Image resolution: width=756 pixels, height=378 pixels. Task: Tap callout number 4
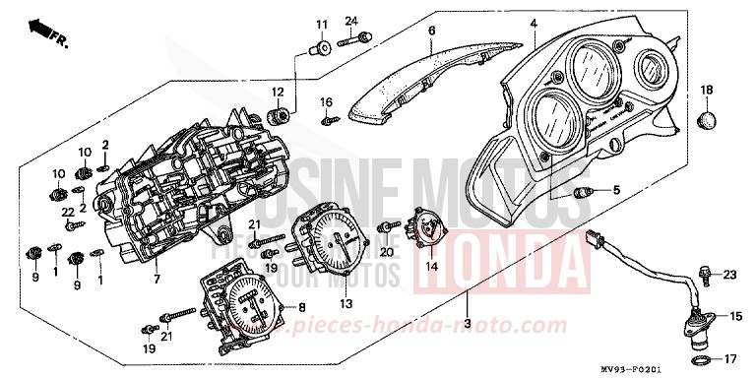tap(533, 23)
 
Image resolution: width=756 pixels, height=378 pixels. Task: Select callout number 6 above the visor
tap(430, 31)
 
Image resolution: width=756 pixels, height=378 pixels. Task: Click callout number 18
tap(706, 91)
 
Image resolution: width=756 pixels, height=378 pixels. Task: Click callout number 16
tap(326, 100)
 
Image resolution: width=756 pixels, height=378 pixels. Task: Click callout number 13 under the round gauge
tap(346, 302)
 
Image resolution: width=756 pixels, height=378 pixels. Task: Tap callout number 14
tap(431, 265)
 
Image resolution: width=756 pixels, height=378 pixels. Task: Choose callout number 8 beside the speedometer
tap(300, 306)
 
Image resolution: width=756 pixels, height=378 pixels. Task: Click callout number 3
tap(466, 324)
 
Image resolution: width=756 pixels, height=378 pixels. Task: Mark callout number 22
tap(68, 212)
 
